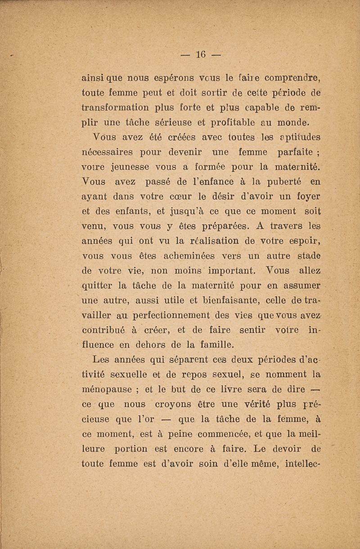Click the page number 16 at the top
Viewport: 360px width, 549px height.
pos(201,55)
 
